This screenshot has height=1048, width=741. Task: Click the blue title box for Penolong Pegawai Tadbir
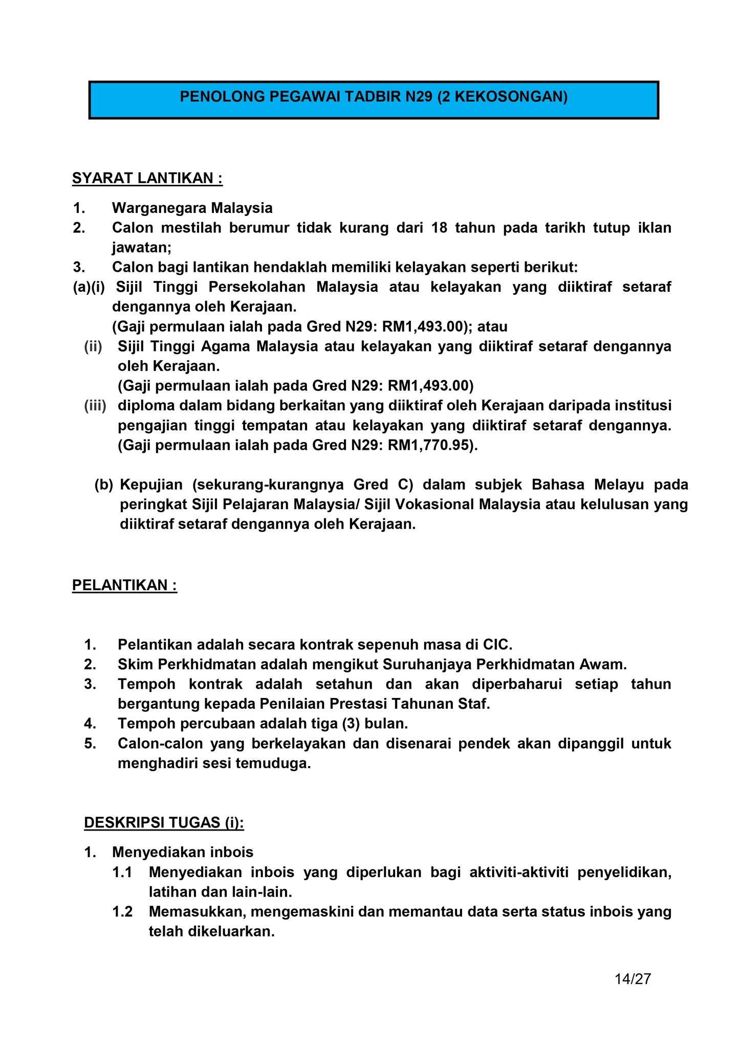tap(374, 100)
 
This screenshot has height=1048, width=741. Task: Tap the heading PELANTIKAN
tap(124, 585)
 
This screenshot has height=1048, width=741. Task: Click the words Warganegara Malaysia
tap(192, 208)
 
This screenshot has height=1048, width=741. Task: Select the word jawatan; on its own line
tap(142, 248)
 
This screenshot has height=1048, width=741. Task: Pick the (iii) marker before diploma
tap(95, 406)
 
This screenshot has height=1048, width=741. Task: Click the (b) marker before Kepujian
tap(103, 485)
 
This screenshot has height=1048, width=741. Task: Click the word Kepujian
tap(151, 485)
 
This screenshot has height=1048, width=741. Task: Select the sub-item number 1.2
tap(122, 911)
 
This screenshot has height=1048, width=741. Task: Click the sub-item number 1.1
tap(122, 872)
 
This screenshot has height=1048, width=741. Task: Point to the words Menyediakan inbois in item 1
tap(183, 852)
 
